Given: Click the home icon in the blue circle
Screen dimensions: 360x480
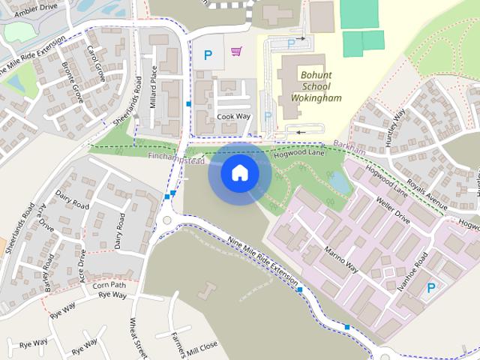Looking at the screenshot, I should point(240,173).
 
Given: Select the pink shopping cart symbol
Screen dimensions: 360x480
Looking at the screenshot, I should point(236,52).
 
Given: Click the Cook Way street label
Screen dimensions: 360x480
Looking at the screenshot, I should point(232,117).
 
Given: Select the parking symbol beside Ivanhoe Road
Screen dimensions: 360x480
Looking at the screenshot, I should point(431,288).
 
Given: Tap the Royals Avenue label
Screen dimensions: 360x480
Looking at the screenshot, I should point(427,194).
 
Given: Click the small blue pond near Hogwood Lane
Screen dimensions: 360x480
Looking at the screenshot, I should point(339,181).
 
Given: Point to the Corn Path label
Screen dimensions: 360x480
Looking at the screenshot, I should point(109,286).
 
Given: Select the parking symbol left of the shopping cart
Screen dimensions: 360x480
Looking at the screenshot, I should point(208,54).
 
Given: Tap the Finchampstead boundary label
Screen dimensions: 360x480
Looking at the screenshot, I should point(176,157).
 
